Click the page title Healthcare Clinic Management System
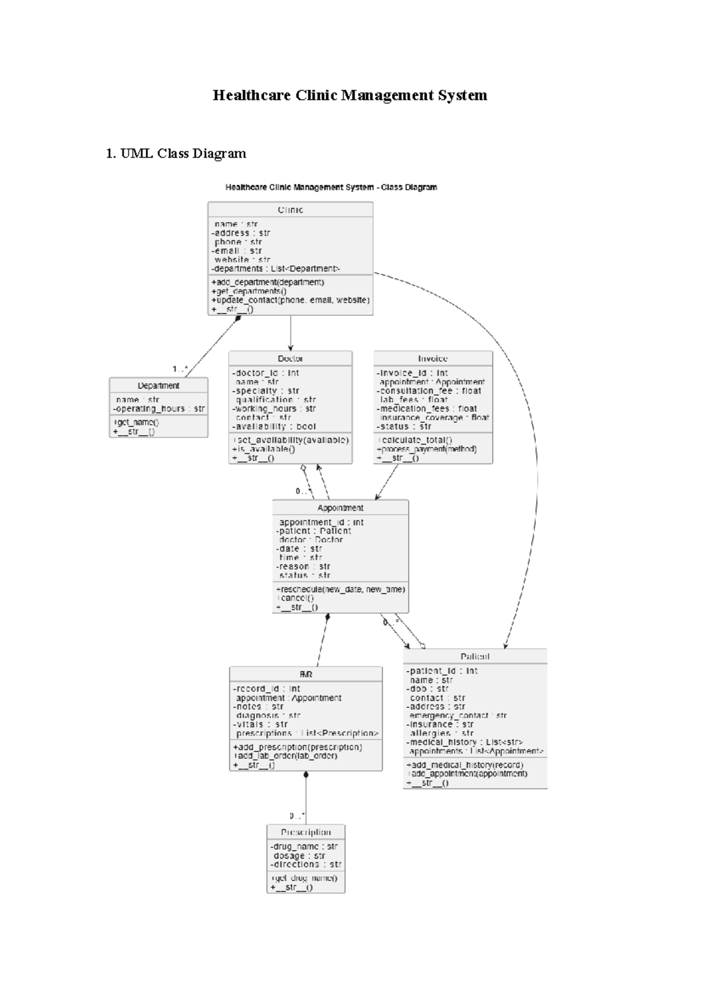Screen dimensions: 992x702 (350, 95)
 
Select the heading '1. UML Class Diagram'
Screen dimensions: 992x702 (175, 154)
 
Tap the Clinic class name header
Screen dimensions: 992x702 (290, 210)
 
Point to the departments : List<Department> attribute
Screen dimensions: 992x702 (276, 268)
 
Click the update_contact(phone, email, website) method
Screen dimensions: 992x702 (290, 300)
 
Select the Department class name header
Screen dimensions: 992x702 (159, 385)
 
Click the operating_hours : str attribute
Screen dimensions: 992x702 (159, 409)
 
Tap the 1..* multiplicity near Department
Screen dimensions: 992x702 (180, 369)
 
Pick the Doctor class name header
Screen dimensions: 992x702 (290, 359)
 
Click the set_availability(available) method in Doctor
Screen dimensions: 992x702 (291, 440)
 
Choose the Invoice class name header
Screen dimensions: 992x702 (433, 359)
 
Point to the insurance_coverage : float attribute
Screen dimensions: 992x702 (434, 418)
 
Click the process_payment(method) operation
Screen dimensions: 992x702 (427, 449)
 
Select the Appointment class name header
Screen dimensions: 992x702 (340, 508)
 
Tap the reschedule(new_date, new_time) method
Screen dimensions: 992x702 (340, 589)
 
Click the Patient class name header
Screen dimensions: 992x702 (475, 656)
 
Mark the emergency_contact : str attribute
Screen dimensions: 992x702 (458, 715)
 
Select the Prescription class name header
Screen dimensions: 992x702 (306, 832)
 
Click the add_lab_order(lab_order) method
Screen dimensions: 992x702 (285, 756)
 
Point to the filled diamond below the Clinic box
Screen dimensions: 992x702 (238, 318)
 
